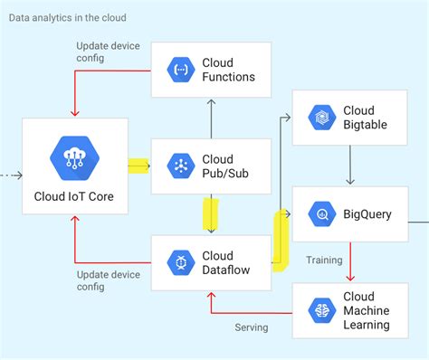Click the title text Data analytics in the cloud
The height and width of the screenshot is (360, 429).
pyautogui.click(x=68, y=17)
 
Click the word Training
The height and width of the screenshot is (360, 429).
pyautogui.click(x=324, y=261)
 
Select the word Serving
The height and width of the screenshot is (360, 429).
pyautogui.click(x=252, y=327)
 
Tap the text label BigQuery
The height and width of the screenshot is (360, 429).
pyautogui.click(x=367, y=215)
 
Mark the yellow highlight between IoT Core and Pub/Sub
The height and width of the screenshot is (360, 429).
pyautogui.click(x=138, y=166)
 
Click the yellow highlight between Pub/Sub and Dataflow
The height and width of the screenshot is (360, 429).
pyautogui.click(x=211, y=214)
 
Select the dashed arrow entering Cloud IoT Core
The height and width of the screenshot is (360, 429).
pyautogui.click(x=10, y=174)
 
